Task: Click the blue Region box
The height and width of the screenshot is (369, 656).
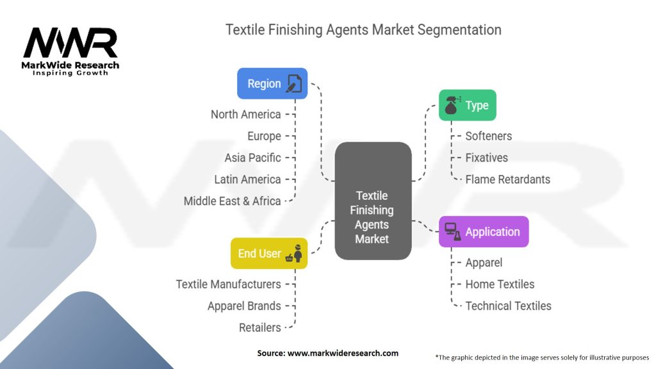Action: pyautogui.click(x=272, y=84)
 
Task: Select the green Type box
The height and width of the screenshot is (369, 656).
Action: pyautogui.click(x=467, y=105)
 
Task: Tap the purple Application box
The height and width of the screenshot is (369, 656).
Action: pyautogui.click(x=484, y=232)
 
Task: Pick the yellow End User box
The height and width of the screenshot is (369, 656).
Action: pyautogui.click(x=269, y=254)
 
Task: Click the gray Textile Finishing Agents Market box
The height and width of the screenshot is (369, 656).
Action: pyautogui.click(x=373, y=201)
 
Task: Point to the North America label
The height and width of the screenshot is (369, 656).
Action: pyautogui.click(x=245, y=114)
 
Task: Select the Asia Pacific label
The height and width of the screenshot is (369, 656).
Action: pyautogui.click(x=252, y=158)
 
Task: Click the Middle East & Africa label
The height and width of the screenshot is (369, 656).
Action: pyautogui.click(x=232, y=201)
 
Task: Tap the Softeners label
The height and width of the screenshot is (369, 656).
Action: pyautogui.click(x=489, y=136)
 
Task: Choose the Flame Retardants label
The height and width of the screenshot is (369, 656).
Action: pyautogui.click(x=508, y=179)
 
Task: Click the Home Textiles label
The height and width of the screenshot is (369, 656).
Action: pyautogui.click(x=500, y=284)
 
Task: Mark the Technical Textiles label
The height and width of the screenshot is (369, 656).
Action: pyautogui.click(x=508, y=306)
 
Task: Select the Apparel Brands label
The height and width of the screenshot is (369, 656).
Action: pyautogui.click(x=244, y=306)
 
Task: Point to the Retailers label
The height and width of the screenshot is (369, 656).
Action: pyautogui.click(x=260, y=327)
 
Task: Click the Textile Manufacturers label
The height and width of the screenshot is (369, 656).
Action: pyautogui.click(x=229, y=284)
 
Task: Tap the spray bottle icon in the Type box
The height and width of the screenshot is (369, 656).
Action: pyautogui.click(x=452, y=105)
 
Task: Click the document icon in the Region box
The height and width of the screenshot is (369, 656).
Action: pyautogui.click(x=293, y=84)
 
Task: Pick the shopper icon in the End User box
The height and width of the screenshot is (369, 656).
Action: pyautogui.click(x=294, y=254)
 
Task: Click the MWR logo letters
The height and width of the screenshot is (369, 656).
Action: pyautogui.click(x=70, y=42)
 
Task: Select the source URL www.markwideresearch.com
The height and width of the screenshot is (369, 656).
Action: pyautogui.click(x=343, y=353)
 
